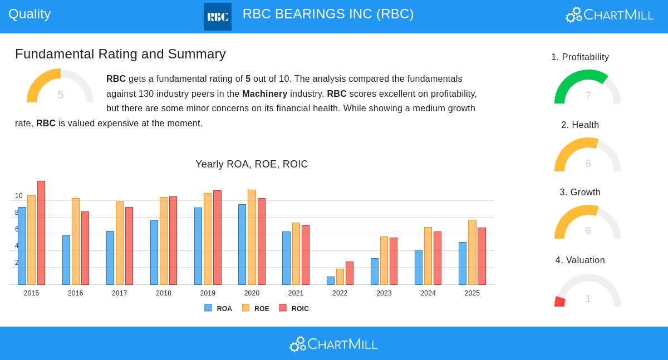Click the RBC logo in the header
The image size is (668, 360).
[218, 17]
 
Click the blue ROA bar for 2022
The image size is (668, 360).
[331, 280]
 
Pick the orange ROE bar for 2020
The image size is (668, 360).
[252, 237]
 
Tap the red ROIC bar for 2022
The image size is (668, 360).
[350, 273]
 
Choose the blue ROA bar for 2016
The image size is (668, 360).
[66, 260]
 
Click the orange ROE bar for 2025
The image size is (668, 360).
[472, 252]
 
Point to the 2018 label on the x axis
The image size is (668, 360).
[164, 293]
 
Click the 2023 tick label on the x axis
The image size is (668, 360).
[384, 293]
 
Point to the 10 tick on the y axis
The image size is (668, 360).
[19, 196]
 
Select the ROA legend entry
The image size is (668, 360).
[218, 308]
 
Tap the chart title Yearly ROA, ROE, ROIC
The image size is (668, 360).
[252, 164]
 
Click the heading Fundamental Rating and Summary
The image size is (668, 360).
[120, 54]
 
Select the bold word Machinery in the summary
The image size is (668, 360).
[264, 94]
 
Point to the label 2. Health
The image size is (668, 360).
[580, 125]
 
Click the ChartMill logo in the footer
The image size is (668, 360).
[333, 344]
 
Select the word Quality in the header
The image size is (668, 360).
[30, 14]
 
